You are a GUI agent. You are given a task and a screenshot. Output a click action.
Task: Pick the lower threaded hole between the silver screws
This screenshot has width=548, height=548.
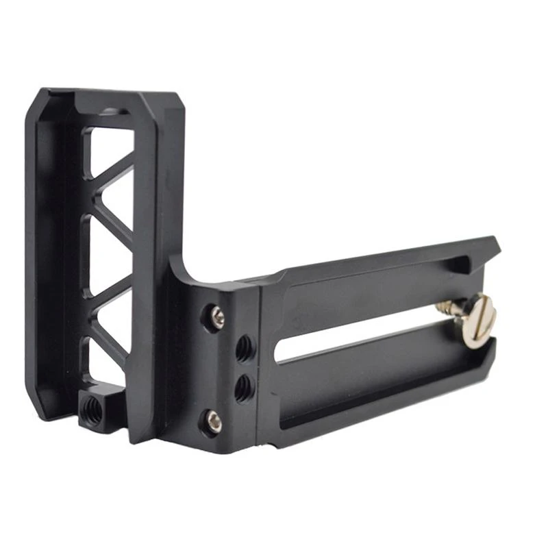[243, 388]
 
